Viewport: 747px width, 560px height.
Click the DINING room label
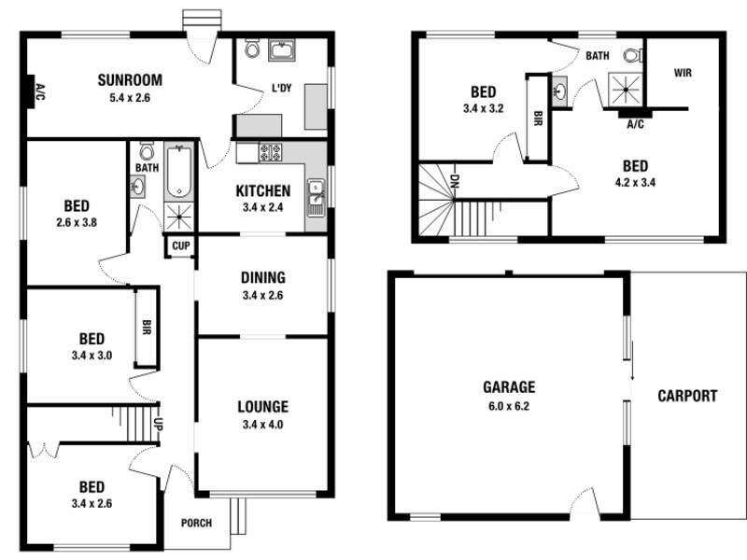(262, 277)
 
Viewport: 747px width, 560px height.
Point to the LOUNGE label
(262, 406)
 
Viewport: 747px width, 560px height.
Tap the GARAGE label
(509, 386)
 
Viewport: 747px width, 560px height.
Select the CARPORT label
(686, 396)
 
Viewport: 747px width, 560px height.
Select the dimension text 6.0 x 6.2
(509, 405)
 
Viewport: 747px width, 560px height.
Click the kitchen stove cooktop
(270, 152)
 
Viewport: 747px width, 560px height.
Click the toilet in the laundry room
(250, 48)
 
